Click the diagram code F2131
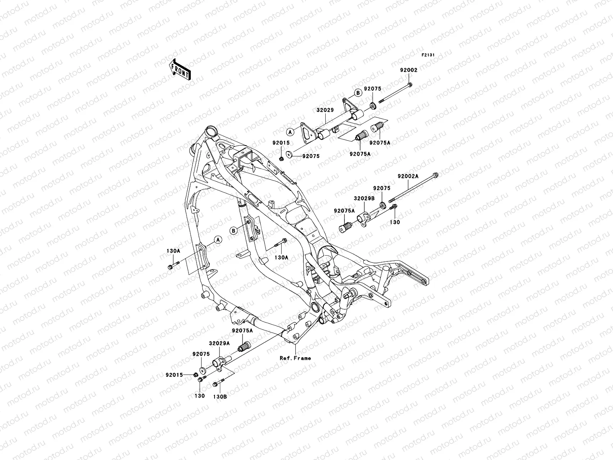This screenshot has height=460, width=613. pyautogui.click(x=428, y=55)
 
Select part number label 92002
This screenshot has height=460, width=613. pyautogui.click(x=409, y=70)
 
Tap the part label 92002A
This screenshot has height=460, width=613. pyautogui.click(x=408, y=177)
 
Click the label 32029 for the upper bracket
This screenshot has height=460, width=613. pyautogui.click(x=325, y=110)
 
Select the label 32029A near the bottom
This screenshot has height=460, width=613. pyautogui.click(x=219, y=344)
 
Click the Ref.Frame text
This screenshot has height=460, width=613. pyautogui.click(x=295, y=358)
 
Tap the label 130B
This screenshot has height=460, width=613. pyautogui.click(x=220, y=397)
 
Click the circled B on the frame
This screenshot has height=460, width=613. pyautogui.click(x=233, y=230)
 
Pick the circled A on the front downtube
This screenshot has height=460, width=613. pyautogui.click(x=218, y=240)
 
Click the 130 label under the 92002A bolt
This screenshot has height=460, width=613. pyautogui.click(x=395, y=222)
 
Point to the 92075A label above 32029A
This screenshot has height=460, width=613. pyautogui.click(x=242, y=330)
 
